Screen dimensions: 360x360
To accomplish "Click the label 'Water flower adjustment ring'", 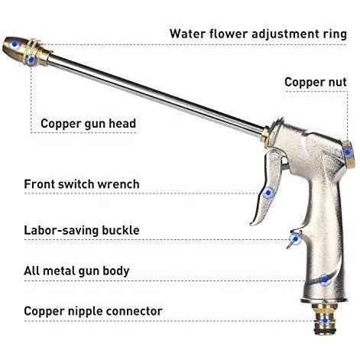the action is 258,34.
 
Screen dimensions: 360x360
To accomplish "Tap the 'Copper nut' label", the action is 316,83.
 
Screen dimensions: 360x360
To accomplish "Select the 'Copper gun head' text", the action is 88,124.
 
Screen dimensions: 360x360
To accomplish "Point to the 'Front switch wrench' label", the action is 82,184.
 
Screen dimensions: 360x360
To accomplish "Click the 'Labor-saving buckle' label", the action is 82,230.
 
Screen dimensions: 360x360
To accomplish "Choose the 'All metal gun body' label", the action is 76,271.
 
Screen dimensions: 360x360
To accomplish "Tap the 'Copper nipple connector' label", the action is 93,311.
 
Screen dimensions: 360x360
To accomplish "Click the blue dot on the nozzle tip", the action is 15,44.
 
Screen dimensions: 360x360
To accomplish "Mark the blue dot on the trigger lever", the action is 268,193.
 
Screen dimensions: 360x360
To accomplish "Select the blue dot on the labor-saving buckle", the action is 296,239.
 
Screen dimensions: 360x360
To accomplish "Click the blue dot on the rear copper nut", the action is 347,153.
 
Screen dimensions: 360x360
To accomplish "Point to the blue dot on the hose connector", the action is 325,321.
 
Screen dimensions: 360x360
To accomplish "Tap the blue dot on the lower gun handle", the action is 325,281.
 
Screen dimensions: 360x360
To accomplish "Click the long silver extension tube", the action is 155,94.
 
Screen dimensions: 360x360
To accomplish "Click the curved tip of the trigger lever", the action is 253,224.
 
